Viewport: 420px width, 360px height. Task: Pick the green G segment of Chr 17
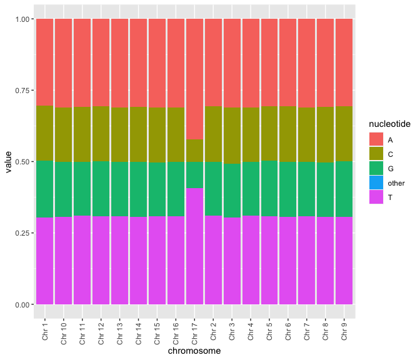pos(194,175)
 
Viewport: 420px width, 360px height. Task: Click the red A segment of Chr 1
pos(45,62)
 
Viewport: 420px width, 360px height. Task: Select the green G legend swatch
pos(376,169)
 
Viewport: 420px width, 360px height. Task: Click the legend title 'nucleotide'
pos(389,125)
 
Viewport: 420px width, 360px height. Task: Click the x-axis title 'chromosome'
pos(194,351)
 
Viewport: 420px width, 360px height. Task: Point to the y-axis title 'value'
pos(8,162)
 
